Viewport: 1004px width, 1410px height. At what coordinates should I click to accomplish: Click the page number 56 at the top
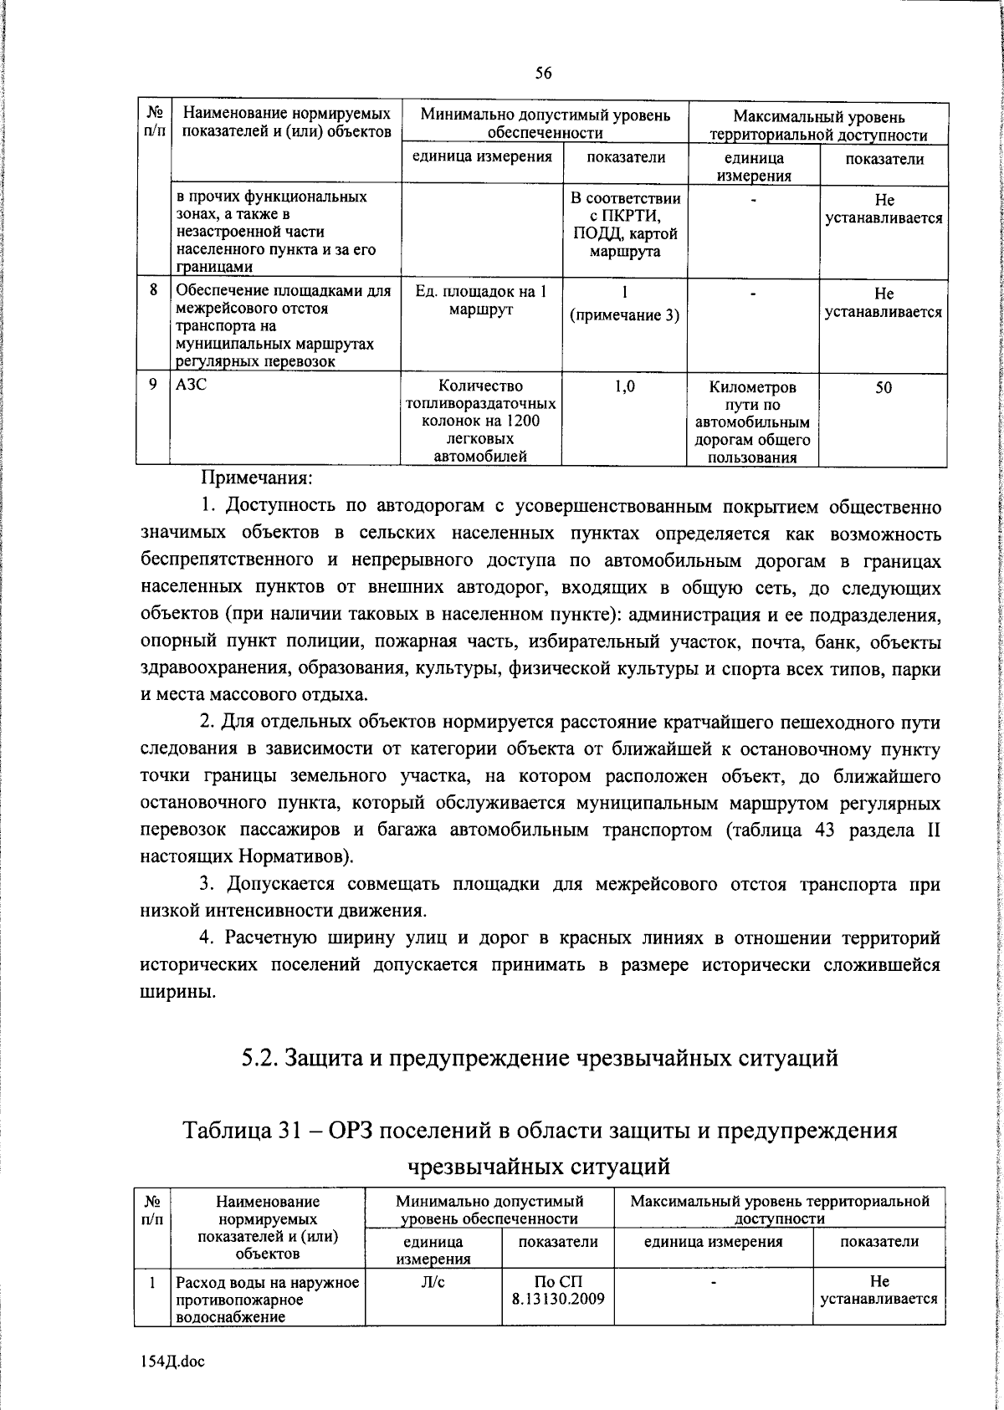[x=543, y=74]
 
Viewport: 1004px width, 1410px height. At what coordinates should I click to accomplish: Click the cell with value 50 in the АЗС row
[x=884, y=388]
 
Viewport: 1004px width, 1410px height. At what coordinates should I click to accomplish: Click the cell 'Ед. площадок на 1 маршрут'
[x=482, y=300]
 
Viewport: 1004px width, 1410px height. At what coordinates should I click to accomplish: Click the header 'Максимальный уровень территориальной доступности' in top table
[x=818, y=125]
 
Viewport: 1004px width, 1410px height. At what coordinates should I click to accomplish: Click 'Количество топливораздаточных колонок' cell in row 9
[x=482, y=421]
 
